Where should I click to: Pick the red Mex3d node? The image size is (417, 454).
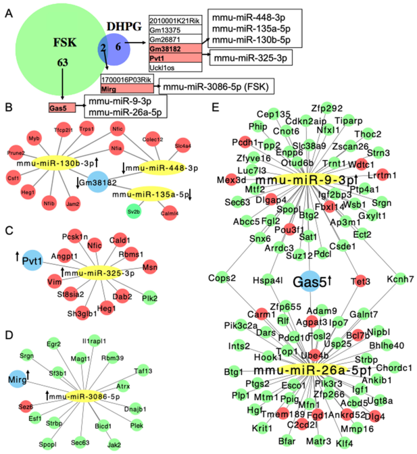tap(232, 180)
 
